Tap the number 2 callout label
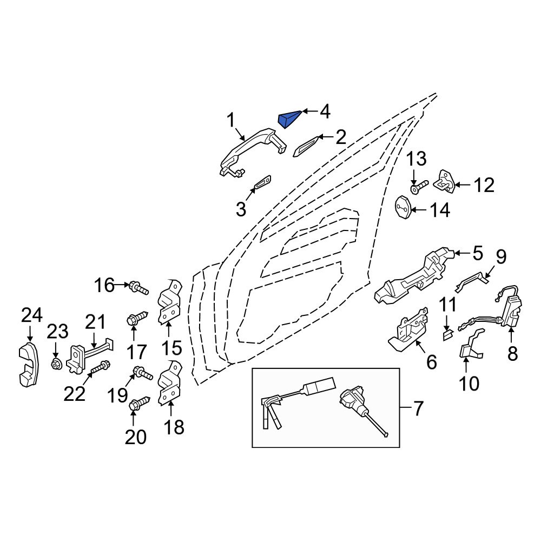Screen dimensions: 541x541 pos(340,137)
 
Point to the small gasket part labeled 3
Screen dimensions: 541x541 pos(262,184)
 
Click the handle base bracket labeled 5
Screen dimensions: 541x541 pos(417,276)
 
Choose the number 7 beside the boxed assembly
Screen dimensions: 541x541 pos(419,408)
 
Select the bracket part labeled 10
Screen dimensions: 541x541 pos(469,346)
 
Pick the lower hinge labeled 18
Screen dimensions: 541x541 pos(169,384)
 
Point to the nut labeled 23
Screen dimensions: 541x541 pos(55,365)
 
